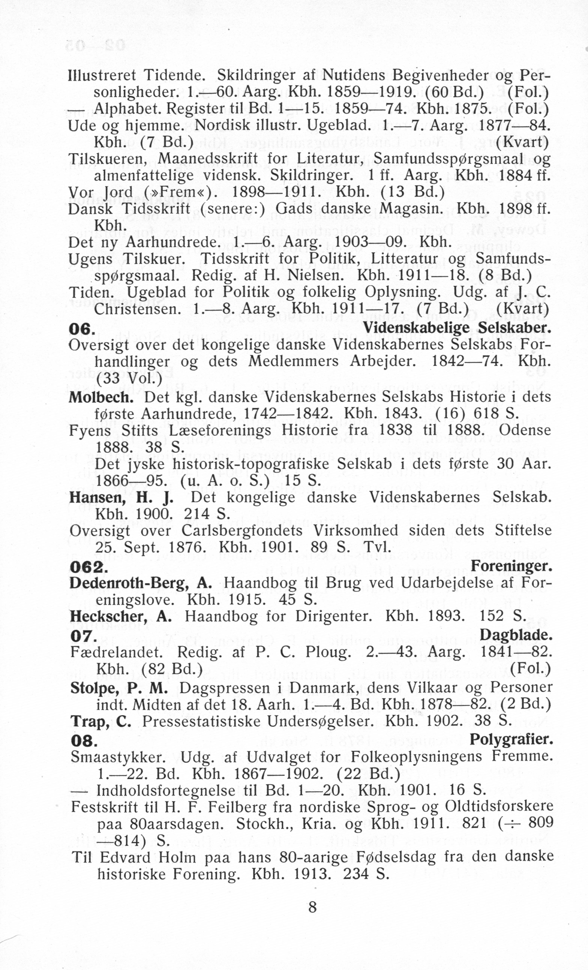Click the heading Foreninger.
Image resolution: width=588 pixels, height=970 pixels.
511,566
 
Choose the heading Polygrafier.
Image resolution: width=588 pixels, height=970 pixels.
511,740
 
